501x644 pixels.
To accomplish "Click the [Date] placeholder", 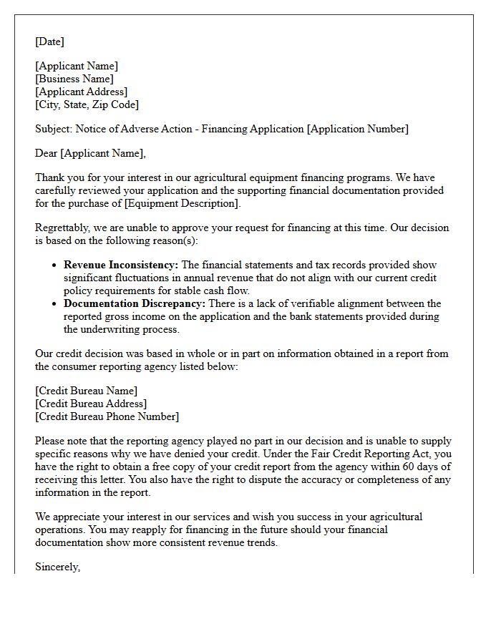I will [49, 42].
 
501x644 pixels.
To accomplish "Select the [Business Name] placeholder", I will [74, 79].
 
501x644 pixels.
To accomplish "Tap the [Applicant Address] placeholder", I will [82, 92].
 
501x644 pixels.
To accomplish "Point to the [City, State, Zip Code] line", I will [87, 104].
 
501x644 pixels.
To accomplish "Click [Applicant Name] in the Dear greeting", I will [103, 153].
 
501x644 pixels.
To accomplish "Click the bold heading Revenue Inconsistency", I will [122, 265].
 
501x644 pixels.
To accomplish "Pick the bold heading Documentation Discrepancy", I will [135, 303].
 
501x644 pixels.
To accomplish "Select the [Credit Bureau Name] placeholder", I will [86, 391].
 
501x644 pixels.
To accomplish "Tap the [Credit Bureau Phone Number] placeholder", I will [107, 416].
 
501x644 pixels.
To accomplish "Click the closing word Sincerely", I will [58, 567].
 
